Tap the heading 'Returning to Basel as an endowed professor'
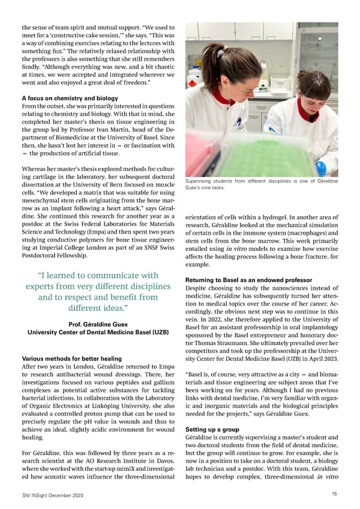[249, 280]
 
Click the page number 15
[334, 493]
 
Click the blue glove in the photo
[321, 167]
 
